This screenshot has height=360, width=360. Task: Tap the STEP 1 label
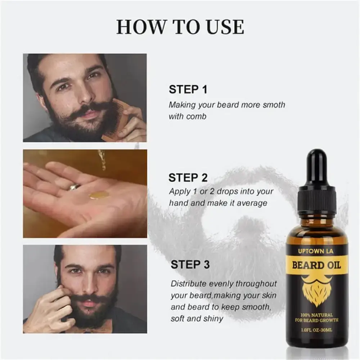188,90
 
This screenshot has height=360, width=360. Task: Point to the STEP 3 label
190,265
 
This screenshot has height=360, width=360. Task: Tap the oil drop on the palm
99,195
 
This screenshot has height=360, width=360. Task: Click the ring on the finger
75,187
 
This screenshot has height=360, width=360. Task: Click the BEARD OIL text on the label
316,266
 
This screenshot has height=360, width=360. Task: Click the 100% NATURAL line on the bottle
317,315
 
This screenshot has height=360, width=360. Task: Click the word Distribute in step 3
189,284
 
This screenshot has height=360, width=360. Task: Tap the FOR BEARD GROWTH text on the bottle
317,320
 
